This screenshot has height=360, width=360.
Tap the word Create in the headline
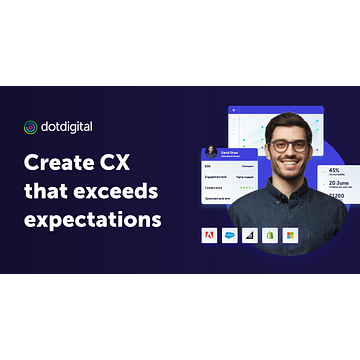[65, 160]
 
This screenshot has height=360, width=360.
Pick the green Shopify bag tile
[269, 236]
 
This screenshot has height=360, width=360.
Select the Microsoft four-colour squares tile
[290, 236]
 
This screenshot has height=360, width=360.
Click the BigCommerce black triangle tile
[248, 236]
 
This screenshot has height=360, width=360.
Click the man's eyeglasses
[289, 144]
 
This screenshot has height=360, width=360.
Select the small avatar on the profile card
[211, 152]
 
